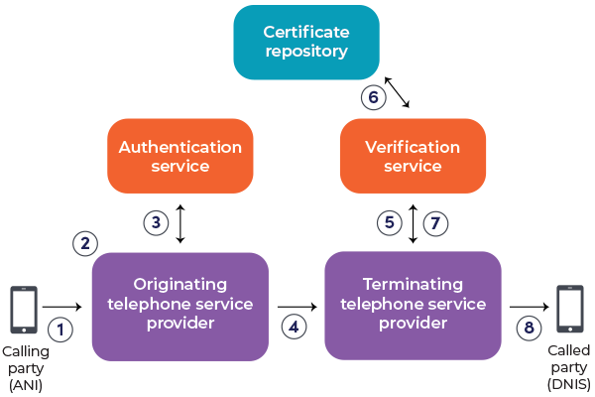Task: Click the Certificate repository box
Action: [x=306, y=42]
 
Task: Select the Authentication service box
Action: [x=179, y=156]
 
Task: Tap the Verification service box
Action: [x=413, y=156]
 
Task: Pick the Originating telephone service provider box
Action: [x=179, y=306]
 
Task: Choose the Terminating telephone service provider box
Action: [x=413, y=306]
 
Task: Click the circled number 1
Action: [x=61, y=329]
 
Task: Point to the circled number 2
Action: [x=86, y=241]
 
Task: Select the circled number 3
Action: [x=155, y=223]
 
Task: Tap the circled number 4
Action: [x=293, y=325]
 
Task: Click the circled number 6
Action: [x=372, y=96]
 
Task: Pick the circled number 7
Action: [x=435, y=223]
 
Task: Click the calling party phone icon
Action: [x=24, y=310]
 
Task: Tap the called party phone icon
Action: [x=569, y=310]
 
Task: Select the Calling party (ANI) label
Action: [x=24, y=367]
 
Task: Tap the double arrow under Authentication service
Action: [x=179, y=223]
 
